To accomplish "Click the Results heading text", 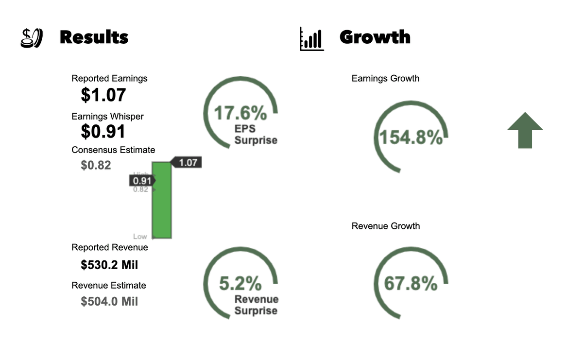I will tap(94, 37).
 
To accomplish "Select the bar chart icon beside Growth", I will tap(311, 39).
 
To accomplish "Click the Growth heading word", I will tap(375, 37).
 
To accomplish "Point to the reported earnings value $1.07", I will tap(103, 95).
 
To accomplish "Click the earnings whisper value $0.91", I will tap(103, 131).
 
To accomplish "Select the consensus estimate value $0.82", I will tap(96, 165).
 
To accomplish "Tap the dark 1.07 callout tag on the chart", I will tap(187, 163).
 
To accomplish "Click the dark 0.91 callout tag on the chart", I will tap(141, 181).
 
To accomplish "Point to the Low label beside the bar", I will tap(140, 237).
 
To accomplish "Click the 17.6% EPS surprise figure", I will tap(240, 113).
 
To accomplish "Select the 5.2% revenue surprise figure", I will tap(240, 283).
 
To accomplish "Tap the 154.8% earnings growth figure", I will tap(411, 137).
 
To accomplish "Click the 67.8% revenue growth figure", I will tap(411, 283).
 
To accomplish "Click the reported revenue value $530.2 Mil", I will tap(109, 265).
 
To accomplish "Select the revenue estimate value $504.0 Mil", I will tap(109, 302).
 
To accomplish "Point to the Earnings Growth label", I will tap(385, 78).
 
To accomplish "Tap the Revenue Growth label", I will tap(386, 226).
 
